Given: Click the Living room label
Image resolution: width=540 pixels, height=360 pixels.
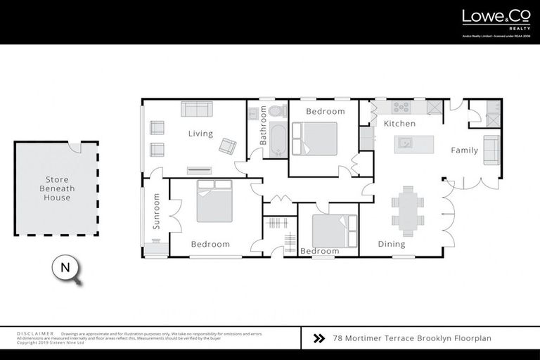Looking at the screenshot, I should tap(200, 134).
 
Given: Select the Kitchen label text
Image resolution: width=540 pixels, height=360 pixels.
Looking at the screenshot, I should tap(399, 124).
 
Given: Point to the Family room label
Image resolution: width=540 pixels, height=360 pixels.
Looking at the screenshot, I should tap(464, 150).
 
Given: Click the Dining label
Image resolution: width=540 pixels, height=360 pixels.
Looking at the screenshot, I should tap(392, 245).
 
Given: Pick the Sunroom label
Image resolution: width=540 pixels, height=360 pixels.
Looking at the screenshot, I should tap(157, 212).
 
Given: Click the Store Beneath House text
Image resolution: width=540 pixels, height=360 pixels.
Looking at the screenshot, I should tap(56, 188).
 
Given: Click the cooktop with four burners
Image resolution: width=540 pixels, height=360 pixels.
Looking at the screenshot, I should tap(401, 108).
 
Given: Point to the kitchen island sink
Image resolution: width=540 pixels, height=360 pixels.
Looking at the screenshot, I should tap(406, 143).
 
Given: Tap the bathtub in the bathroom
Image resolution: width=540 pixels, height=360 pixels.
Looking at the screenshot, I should tap(276, 139).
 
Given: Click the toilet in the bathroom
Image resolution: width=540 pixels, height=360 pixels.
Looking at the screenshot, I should tap(277, 111).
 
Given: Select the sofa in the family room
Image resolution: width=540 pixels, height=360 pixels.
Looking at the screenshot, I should tap(491, 149).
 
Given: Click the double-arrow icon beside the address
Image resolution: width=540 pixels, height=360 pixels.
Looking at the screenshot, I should tap(319, 338).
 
